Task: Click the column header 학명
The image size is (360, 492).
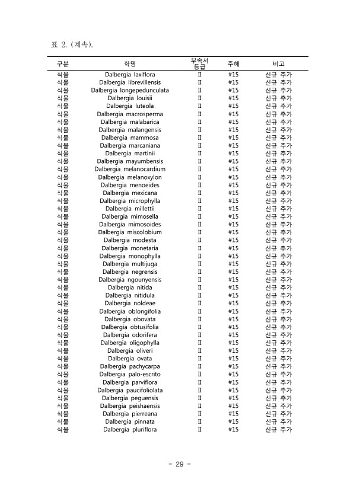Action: [130, 63]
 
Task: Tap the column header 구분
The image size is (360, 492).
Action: [62, 63]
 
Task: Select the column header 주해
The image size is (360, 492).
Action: [233, 63]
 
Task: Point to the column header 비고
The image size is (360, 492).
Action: [278, 63]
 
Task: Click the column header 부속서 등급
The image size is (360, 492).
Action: [199, 63]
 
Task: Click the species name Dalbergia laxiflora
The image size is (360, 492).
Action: [130, 75]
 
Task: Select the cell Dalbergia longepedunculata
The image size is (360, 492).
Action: [130, 91]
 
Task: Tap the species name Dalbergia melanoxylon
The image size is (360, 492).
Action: [130, 177]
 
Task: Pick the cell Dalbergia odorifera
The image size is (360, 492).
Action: [130, 335]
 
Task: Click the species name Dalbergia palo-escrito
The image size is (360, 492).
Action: [130, 374]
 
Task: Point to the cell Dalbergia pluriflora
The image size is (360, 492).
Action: [130, 429]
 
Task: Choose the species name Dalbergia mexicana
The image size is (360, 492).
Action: [130, 193]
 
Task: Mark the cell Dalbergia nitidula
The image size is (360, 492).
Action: [130, 295]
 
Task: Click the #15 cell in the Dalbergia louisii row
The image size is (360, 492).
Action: [233, 98]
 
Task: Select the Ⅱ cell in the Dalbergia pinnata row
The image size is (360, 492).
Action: [199, 421]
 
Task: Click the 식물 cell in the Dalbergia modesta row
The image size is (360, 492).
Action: [62, 240]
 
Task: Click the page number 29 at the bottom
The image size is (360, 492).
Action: [180, 464]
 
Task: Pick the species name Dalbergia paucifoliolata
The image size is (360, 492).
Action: [130, 390]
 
